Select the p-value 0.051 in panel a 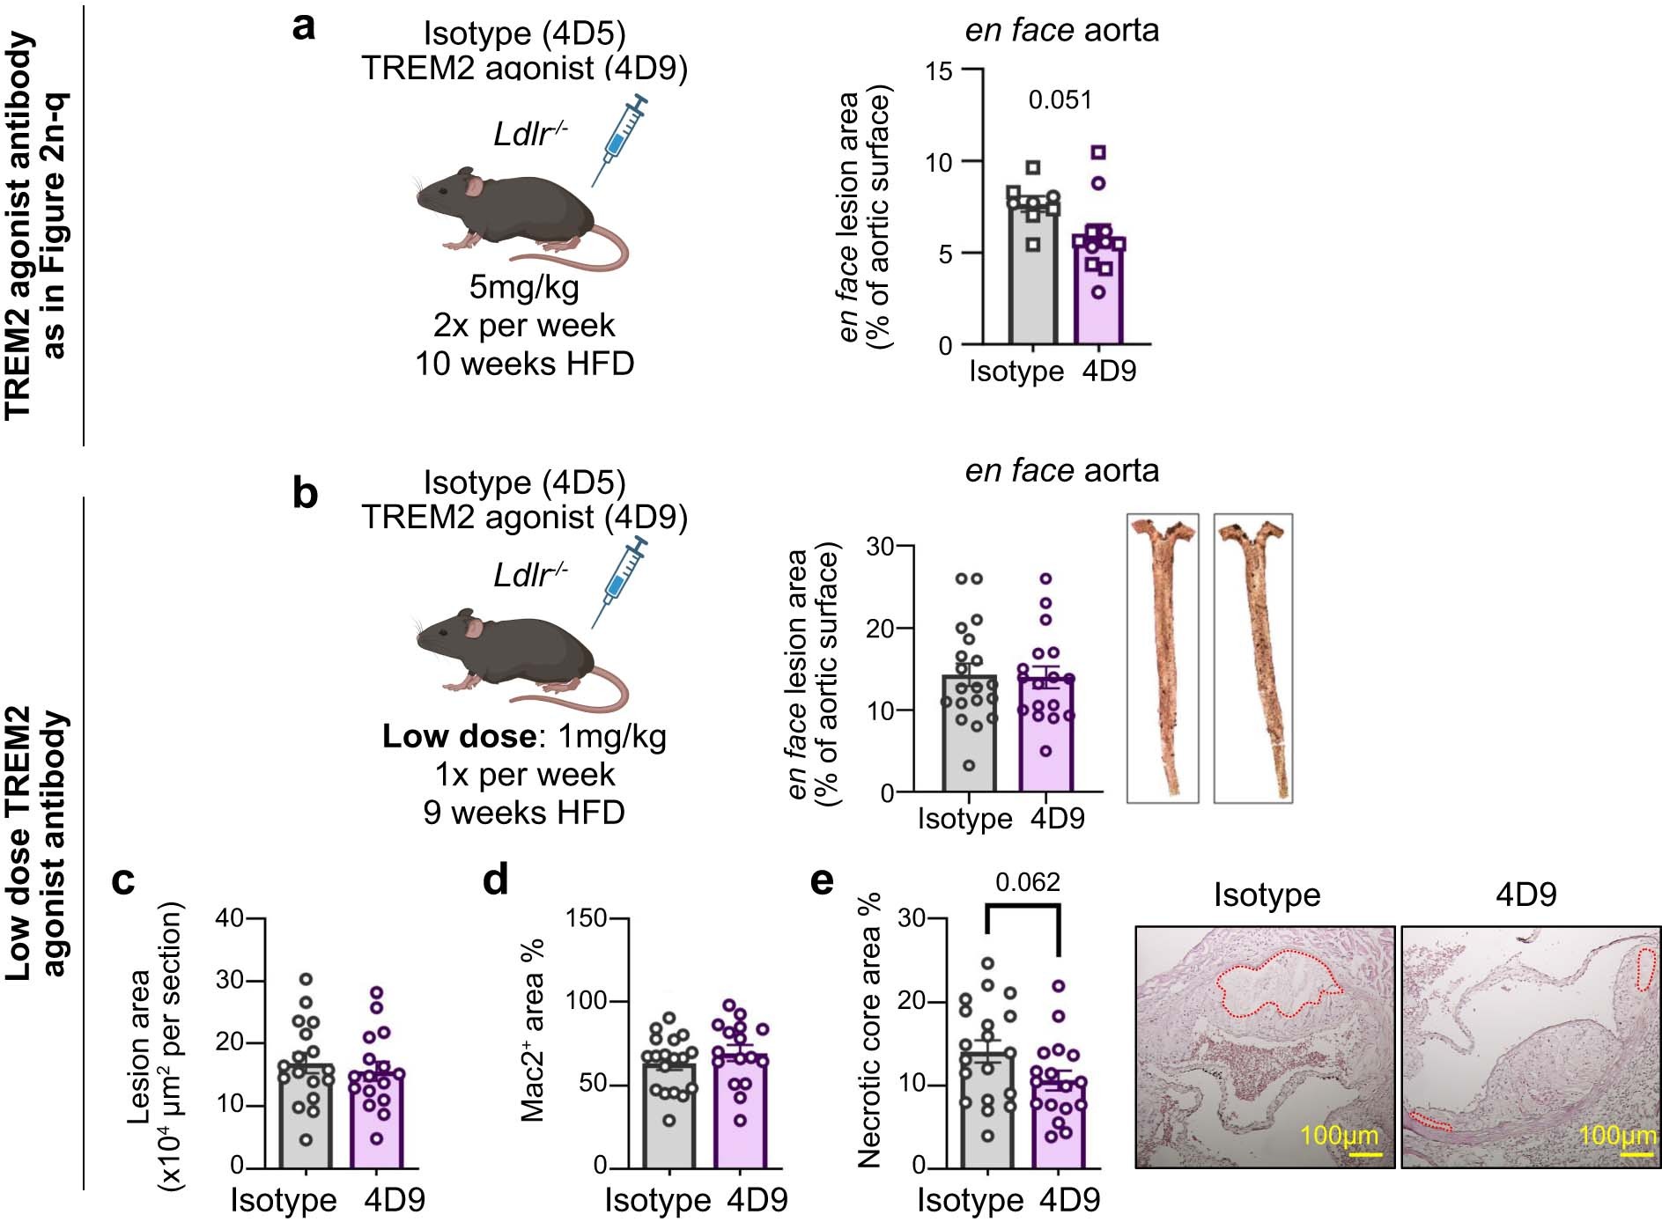(1060, 100)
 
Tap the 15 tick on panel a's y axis (939, 70)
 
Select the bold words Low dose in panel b (458, 736)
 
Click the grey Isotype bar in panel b (969, 740)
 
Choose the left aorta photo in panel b (1163, 658)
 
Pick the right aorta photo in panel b (1252, 658)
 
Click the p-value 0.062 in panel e (1027, 882)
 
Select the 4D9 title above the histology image (1525, 895)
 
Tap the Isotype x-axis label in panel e (970, 1200)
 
